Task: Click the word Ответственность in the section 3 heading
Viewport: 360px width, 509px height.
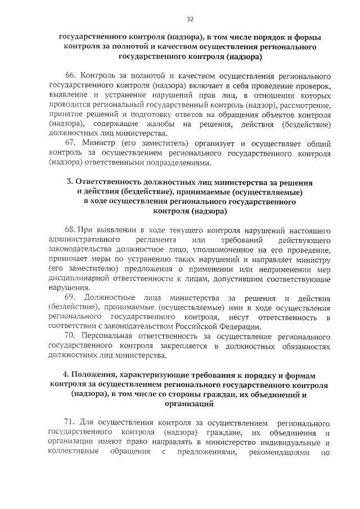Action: click(110, 183)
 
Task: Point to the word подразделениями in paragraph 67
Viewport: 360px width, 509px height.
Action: click(179, 163)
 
